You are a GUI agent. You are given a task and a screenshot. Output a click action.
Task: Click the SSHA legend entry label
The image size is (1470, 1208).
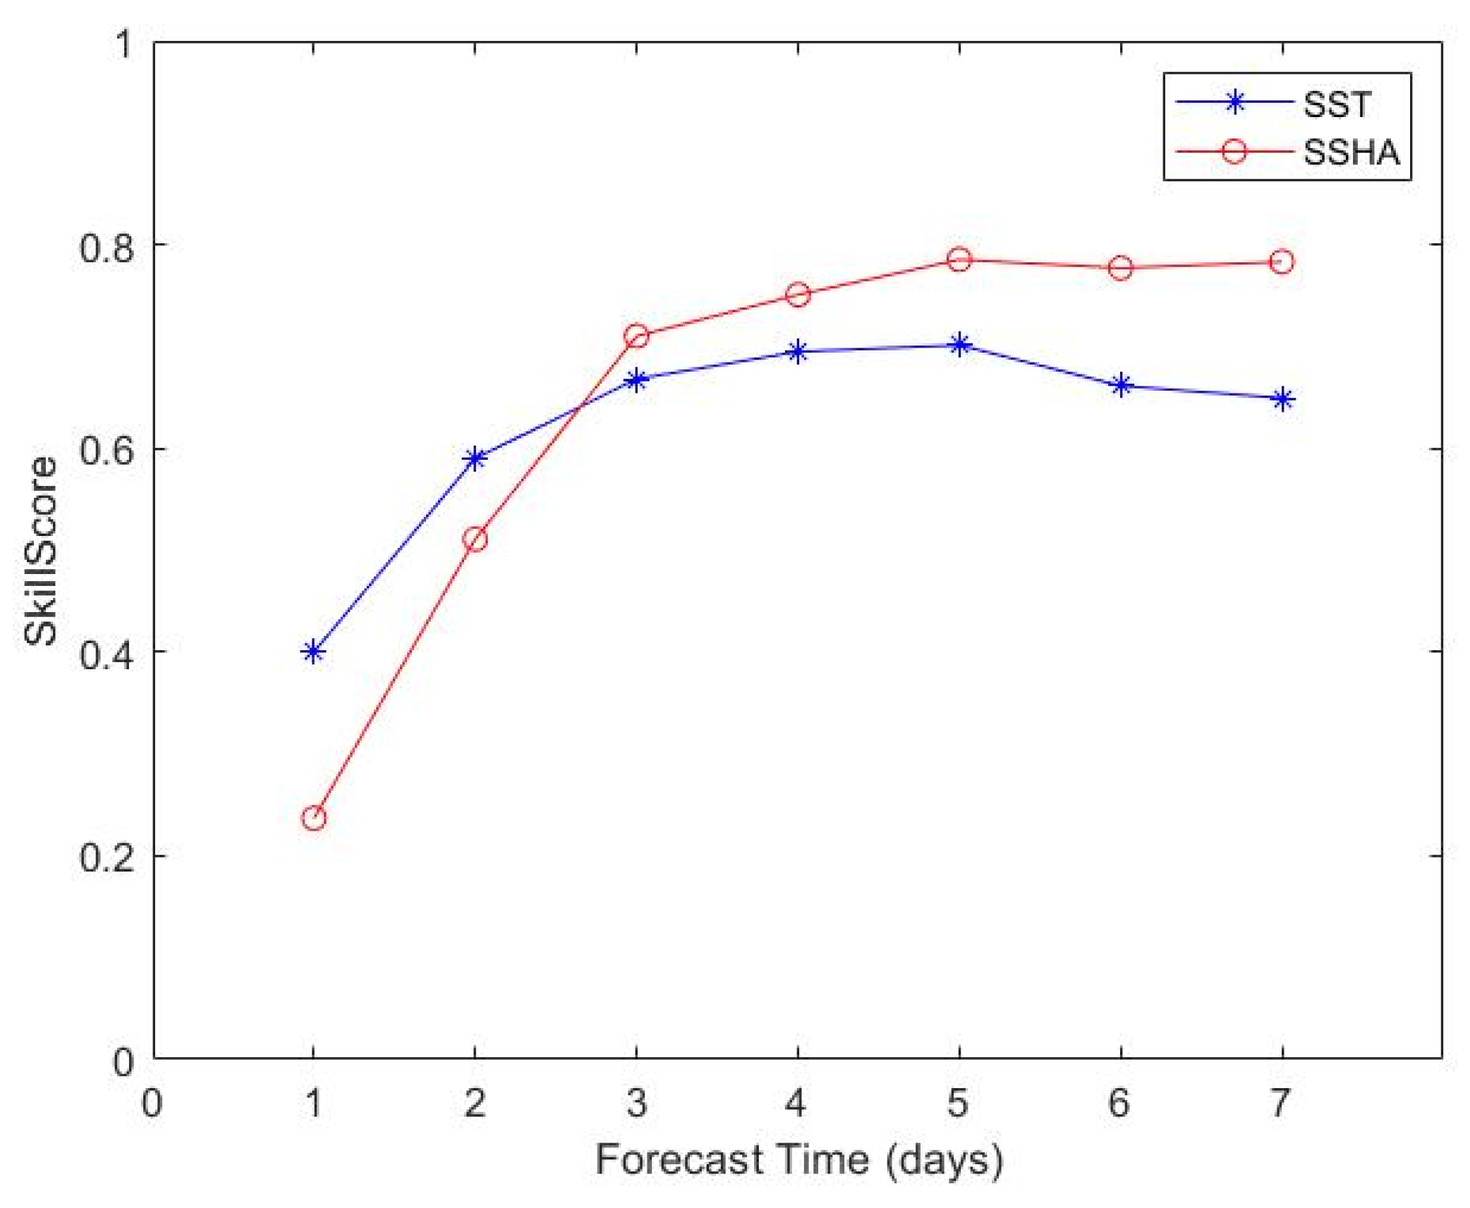[1350, 152]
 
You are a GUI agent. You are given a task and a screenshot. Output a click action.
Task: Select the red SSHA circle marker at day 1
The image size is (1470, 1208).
[314, 818]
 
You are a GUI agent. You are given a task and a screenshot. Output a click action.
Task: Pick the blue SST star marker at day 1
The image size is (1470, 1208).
[314, 652]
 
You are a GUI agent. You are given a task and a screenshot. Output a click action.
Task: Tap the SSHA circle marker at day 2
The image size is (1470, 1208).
[475, 539]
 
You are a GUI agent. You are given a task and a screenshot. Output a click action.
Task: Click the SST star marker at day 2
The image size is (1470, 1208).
[475, 458]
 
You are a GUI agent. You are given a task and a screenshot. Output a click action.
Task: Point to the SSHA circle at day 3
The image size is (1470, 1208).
[636, 336]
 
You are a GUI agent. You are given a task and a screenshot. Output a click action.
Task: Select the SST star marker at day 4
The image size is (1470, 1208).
[798, 351]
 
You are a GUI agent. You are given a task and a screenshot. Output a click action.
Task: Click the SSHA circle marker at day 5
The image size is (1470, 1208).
[959, 260]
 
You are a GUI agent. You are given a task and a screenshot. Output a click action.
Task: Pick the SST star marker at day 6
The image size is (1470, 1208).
[1121, 385]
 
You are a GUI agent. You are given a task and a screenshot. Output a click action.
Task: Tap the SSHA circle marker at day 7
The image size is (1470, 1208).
[1282, 262]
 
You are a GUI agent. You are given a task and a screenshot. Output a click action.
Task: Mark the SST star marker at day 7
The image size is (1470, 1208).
[1282, 399]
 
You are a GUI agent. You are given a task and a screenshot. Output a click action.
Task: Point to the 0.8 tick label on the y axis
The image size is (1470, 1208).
[106, 248]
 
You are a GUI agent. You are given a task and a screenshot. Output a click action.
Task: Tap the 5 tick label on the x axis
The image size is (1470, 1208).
[958, 1103]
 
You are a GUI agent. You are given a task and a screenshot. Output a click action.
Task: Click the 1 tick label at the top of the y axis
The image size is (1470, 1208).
[124, 44]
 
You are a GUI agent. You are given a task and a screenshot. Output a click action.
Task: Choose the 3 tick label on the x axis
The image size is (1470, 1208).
[636, 1103]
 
